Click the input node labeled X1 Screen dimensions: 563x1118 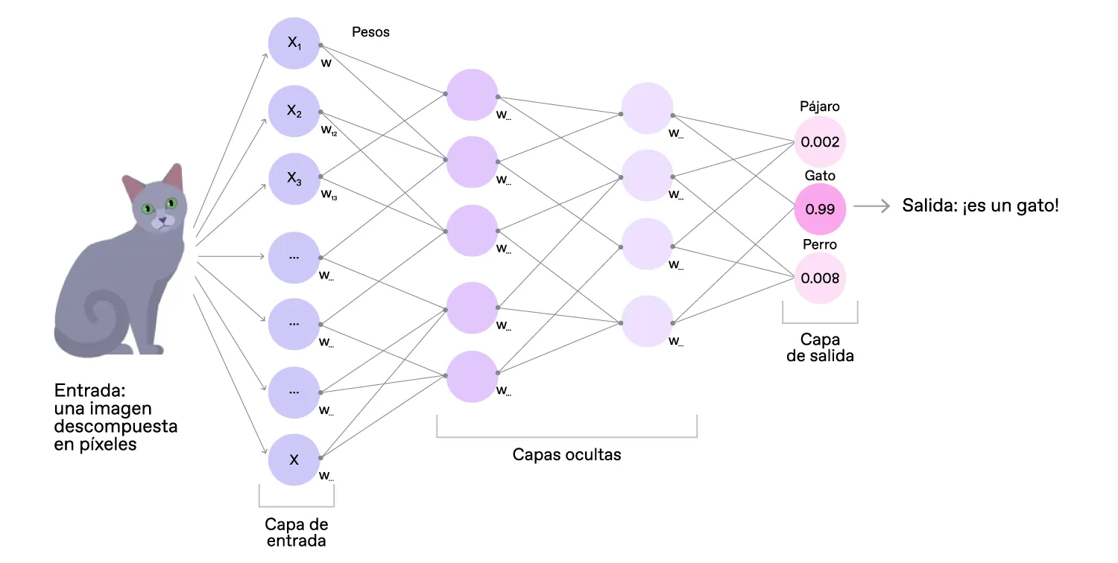click(x=294, y=43)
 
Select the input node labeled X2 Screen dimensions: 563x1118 click(x=294, y=112)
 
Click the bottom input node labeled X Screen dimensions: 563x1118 click(x=294, y=459)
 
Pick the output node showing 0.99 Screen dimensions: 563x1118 click(x=820, y=209)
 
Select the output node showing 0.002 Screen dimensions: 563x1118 click(x=820, y=141)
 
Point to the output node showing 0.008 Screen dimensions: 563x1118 click(x=820, y=279)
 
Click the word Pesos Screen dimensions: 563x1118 click(x=370, y=32)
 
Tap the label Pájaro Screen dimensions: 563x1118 click(x=820, y=106)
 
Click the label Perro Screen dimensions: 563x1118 click(x=820, y=244)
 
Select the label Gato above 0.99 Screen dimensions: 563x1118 click(x=820, y=176)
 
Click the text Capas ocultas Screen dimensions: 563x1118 click(x=566, y=454)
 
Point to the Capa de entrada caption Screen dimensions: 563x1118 click(x=296, y=532)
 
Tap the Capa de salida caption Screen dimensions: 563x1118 click(x=820, y=348)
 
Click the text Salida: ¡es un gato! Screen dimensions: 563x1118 click(x=980, y=206)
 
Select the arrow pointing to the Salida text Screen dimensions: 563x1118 click(x=873, y=206)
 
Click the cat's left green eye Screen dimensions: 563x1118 click(x=148, y=209)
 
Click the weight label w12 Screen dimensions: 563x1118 click(x=329, y=130)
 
